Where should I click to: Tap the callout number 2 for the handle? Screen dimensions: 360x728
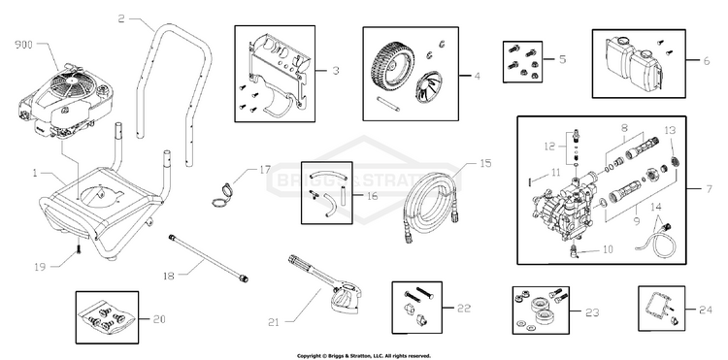121,18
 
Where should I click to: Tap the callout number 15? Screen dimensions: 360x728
486,164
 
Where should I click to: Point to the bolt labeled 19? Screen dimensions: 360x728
75,254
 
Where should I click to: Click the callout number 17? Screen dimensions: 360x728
265,170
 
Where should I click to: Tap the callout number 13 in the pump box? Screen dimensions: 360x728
669,131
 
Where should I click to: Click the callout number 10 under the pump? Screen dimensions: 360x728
609,249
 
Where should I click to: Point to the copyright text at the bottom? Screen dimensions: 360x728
363,355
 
